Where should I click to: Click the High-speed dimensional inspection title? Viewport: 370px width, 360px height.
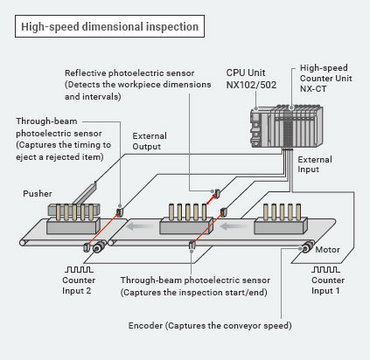tap(109, 26)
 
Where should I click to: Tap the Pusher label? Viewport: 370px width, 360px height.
tap(38, 194)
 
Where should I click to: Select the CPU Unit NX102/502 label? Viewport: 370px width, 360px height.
tap(251, 79)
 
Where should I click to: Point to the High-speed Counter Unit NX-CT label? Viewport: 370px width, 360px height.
tap(326, 78)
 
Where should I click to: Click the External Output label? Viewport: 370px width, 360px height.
tap(150, 141)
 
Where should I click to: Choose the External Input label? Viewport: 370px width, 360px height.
tap(315, 164)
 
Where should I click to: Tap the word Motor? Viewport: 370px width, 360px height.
tap(327, 250)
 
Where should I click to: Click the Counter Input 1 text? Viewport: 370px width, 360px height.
tap(328, 285)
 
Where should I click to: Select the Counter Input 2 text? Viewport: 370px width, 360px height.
tap(79, 285)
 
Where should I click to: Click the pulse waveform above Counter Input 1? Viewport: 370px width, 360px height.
tap(325, 269)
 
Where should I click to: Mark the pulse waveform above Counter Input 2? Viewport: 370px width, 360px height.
tap(79, 269)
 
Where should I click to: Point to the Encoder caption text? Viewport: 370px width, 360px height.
tap(210, 325)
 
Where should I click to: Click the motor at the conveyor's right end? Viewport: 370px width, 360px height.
tap(306, 248)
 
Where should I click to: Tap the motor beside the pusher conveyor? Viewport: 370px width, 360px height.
tap(99, 247)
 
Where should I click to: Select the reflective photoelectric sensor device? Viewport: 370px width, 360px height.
tap(217, 192)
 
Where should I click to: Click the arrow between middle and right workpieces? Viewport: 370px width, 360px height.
tap(231, 226)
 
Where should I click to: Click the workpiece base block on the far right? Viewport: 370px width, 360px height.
tap(281, 225)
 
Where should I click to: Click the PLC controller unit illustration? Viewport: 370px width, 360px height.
tap(286, 127)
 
